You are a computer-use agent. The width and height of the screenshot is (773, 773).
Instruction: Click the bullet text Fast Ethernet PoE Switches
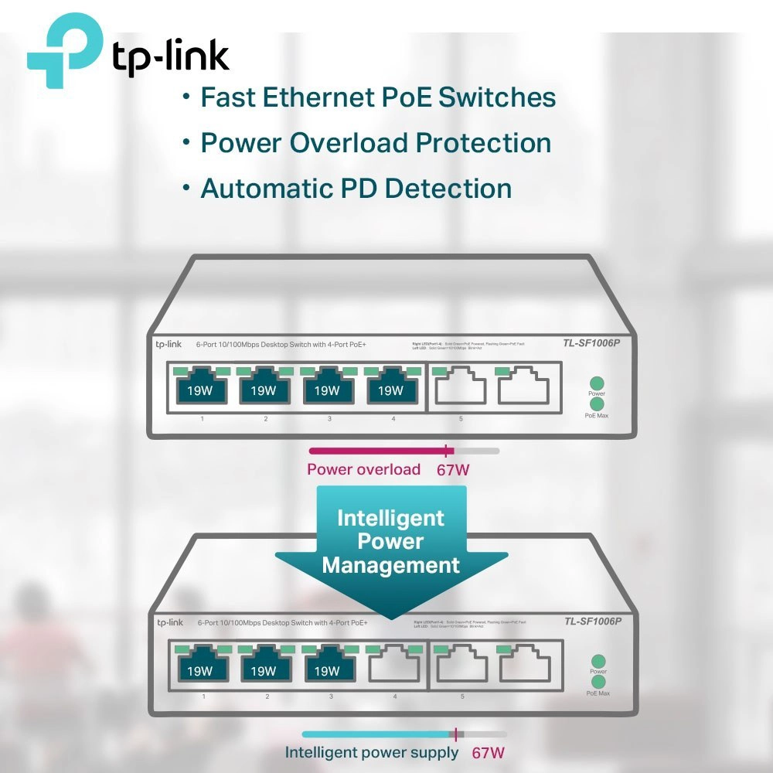[x=378, y=97]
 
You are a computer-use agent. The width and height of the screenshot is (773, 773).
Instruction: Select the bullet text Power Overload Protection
[x=376, y=143]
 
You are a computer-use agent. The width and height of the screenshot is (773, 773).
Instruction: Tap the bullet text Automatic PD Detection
[x=356, y=189]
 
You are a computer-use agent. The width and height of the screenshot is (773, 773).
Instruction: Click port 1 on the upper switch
[x=202, y=388]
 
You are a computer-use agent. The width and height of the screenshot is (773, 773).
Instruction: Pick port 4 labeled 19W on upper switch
[x=392, y=388]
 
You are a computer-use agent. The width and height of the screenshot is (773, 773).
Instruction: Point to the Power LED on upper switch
[x=596, y=383]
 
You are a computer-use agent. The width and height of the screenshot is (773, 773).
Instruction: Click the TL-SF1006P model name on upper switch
[x=591, y=344]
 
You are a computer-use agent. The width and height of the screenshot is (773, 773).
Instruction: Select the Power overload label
[x=363, y=469]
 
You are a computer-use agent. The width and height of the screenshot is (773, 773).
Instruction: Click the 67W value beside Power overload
[x=453, y=470]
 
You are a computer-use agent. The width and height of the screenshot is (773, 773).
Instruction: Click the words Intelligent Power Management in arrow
[x=390, y=541]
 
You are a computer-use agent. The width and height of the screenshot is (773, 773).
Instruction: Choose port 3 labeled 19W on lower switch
[x=327, y=669]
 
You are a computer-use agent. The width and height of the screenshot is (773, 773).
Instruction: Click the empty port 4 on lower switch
[x=393, y=668]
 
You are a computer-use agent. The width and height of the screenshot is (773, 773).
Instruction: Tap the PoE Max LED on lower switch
[x=598, y=682]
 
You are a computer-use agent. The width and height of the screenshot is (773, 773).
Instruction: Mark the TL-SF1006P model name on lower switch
[x=593, y=621]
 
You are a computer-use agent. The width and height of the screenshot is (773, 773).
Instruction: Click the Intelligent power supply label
[x=372, y=752]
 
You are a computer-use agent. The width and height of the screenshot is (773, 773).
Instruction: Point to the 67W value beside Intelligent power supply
[x=489, y=753]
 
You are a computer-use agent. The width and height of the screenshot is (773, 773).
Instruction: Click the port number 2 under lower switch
[x=267, y=697]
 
